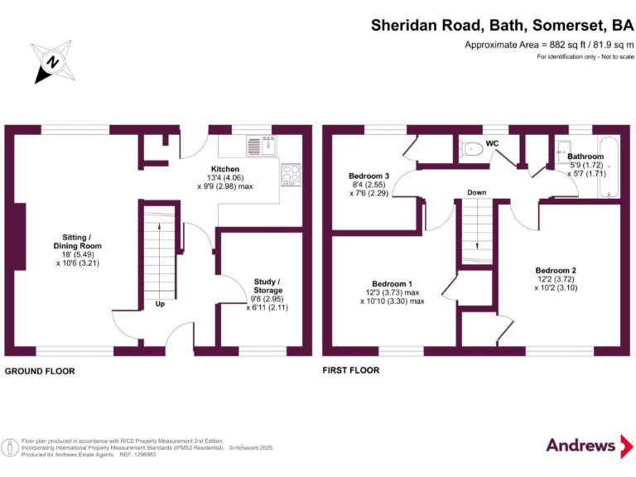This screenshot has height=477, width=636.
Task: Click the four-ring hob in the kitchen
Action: tap(291, 173)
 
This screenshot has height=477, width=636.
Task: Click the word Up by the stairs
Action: tap(160, 304)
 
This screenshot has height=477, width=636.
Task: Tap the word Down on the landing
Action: tap(477, 193)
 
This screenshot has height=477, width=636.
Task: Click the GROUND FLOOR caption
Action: tap(40, 372)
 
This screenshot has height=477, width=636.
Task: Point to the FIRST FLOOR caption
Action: tap(351, 370)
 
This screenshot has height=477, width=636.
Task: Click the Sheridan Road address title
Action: tap(502, 25)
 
